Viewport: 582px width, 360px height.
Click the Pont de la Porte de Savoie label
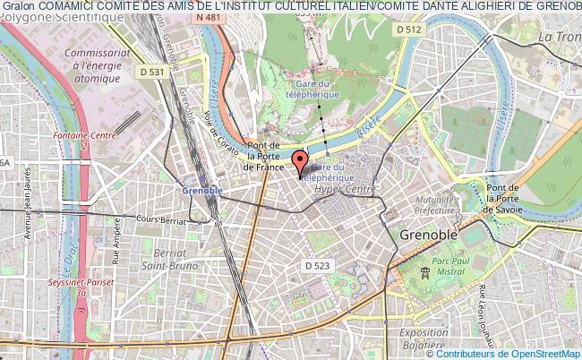pyautogui.click(x=508, y=197)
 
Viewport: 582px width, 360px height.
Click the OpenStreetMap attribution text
pyautogui.click(x=509, y=353)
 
